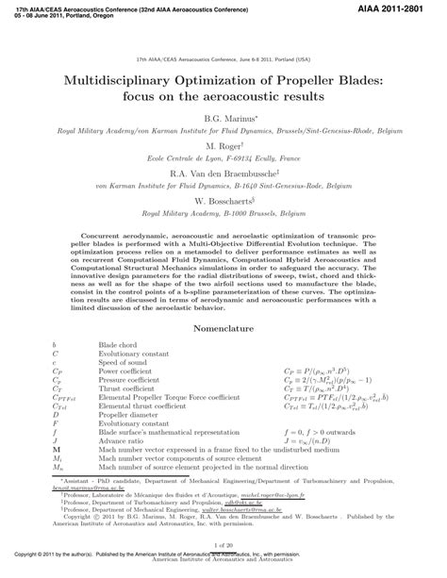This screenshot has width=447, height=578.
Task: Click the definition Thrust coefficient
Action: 126,388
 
